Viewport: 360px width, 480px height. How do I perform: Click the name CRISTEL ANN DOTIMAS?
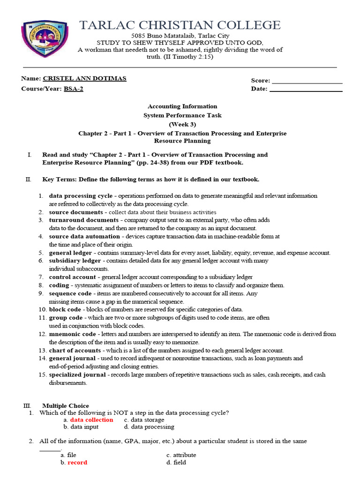pos(84,78)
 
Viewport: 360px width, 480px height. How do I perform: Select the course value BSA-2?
pos(74,89)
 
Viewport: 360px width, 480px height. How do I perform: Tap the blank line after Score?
pos(307,82)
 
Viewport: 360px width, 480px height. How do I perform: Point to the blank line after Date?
pos(306,89)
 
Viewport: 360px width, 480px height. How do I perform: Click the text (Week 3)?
pos(182,124)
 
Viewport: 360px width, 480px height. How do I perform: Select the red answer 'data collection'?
pos(91,420)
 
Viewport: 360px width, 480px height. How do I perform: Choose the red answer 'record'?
pos(77,463)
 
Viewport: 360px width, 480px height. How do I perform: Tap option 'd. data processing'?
pos(149,427)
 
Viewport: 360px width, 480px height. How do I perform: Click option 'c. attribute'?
pos(181,455)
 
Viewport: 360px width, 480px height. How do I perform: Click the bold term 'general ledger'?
pos(71,253)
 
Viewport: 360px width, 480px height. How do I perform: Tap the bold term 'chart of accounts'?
pos(75,351)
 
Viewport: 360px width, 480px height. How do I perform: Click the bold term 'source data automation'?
pos(84,236)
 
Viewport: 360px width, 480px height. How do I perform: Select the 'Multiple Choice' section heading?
pos(65,406)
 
